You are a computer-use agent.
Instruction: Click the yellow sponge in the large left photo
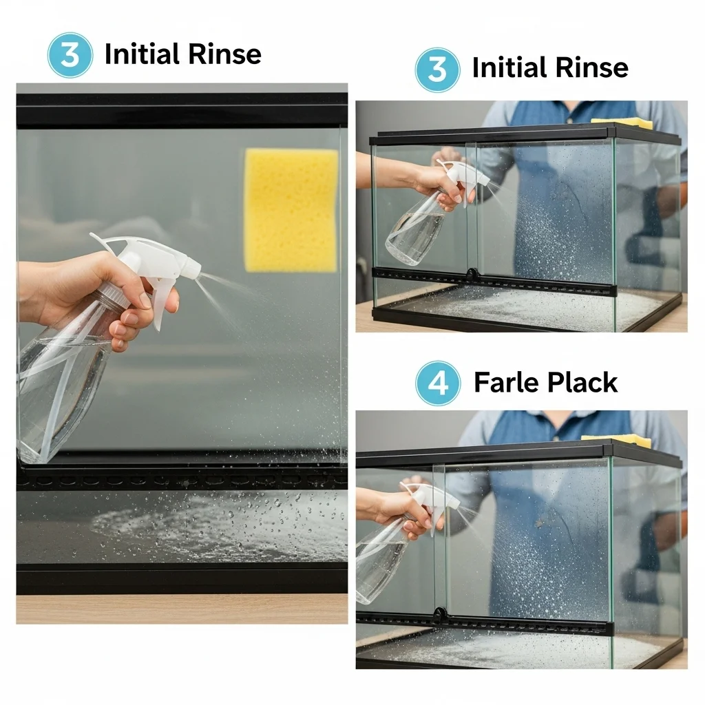[x=291, y=211]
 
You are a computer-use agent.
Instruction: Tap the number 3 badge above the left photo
[x=70, y=55]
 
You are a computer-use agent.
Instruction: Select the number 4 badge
[x=438, y=383]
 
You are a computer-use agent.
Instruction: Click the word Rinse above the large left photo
[x=224, y=54]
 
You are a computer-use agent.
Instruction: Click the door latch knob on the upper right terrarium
[x=471, y=273]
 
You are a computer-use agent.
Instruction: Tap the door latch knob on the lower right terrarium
[x=439, y=613]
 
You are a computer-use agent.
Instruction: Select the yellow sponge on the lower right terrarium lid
[x=616, y=441]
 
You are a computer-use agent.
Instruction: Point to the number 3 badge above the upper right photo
[x=437, y=70]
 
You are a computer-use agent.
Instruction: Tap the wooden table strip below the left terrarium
[x=182, y=609]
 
